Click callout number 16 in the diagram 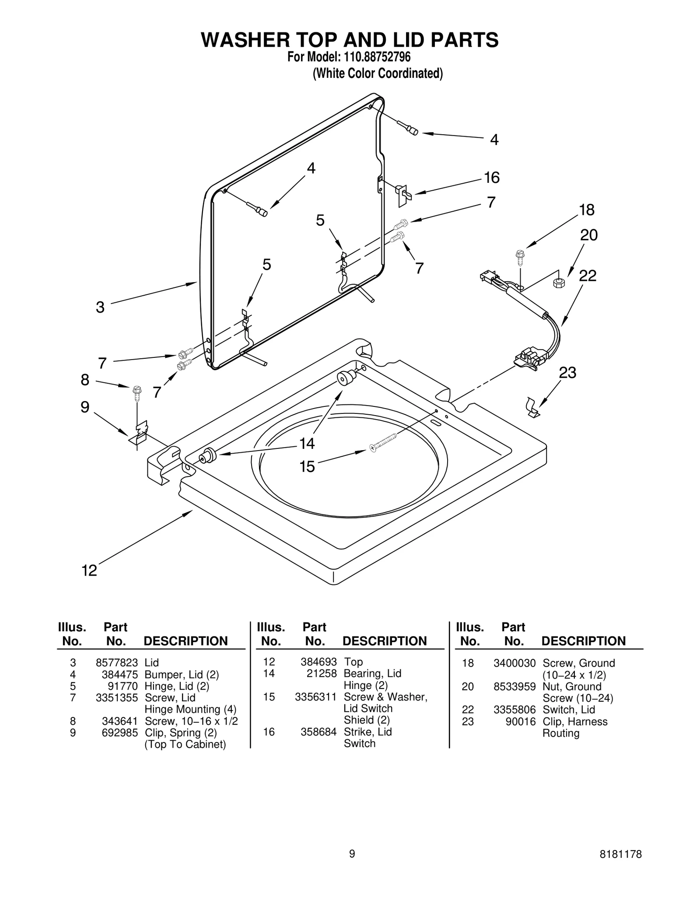(x=491, y=178)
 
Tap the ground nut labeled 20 (x=559, y=283)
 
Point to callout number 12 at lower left (x=89, y=570)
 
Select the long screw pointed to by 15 (x=384, y=442)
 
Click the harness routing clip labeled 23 (x=532, y=408)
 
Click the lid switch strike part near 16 (x=403, y=195)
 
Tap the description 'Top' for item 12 (x=353, y=662)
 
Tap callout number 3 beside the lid (x=100, y=307)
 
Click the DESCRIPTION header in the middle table (x=384, y=641)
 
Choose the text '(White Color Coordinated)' (x=377, y=73)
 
